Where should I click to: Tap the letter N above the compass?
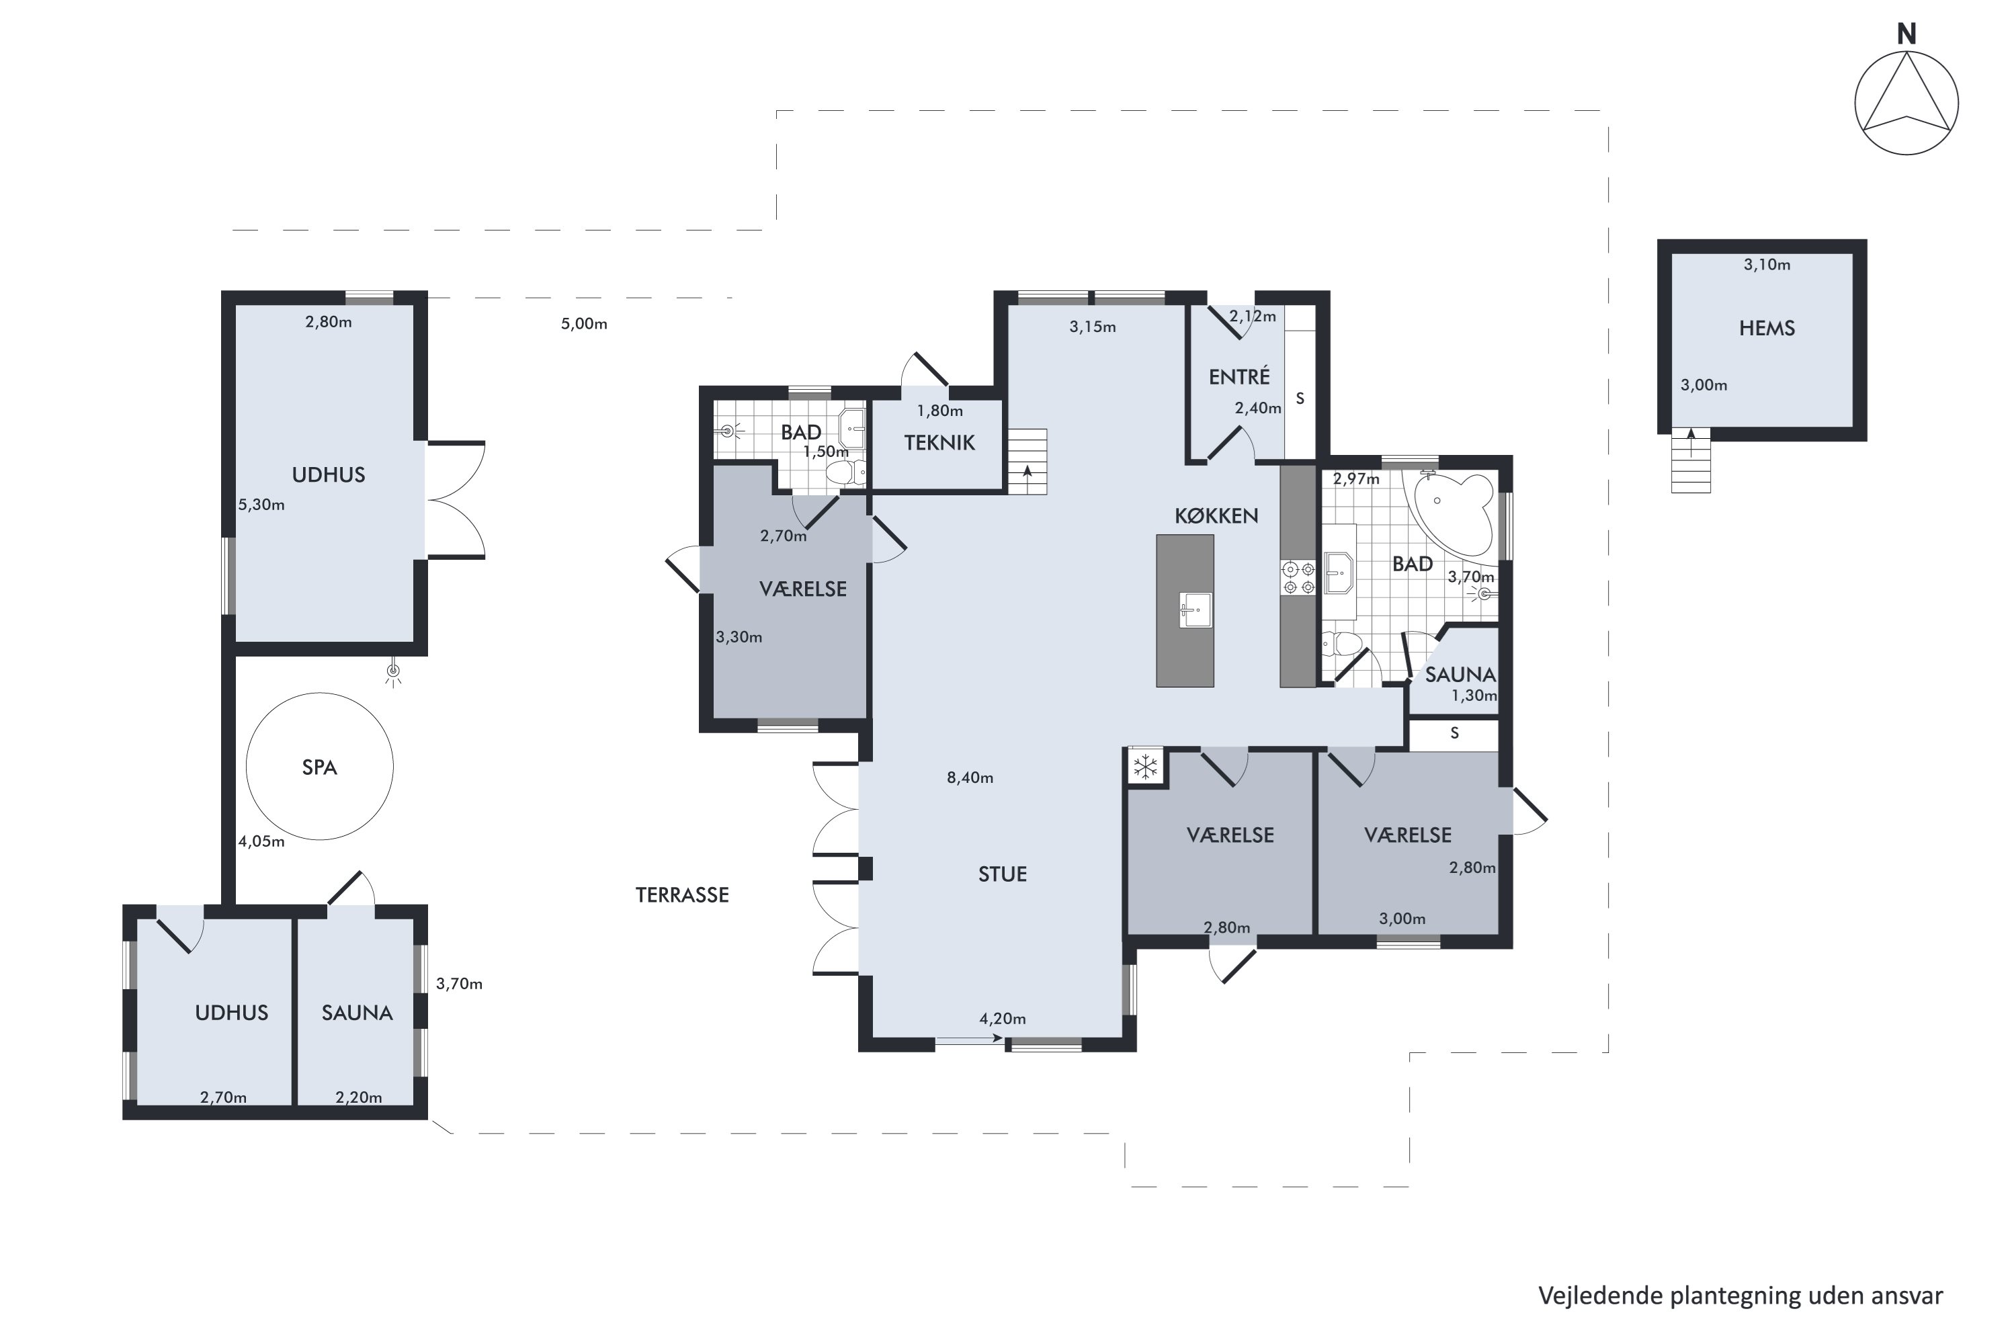click(x=1906, y=34)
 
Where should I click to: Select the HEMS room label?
click(x=1767, y=329)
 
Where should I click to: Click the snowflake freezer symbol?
click(x=1145, y=766)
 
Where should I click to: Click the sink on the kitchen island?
click(x=1195, y=610)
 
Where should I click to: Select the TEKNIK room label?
click(x=939, y=443)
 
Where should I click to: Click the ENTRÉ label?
click(x=1239, y=376)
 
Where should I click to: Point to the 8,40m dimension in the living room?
click(x=970, y=778)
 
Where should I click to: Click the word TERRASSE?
click(x=682, y=895)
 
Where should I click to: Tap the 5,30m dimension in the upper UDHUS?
click(x=261, y=505)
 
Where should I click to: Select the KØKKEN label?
click(x=1216, y=516)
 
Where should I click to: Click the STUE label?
click(x=1002, y=874)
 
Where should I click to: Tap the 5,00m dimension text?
click(x=584, y=324)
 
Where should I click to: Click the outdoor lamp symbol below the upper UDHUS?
click(x=393, y=674)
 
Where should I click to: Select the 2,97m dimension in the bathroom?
click(x=1356, y=479)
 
